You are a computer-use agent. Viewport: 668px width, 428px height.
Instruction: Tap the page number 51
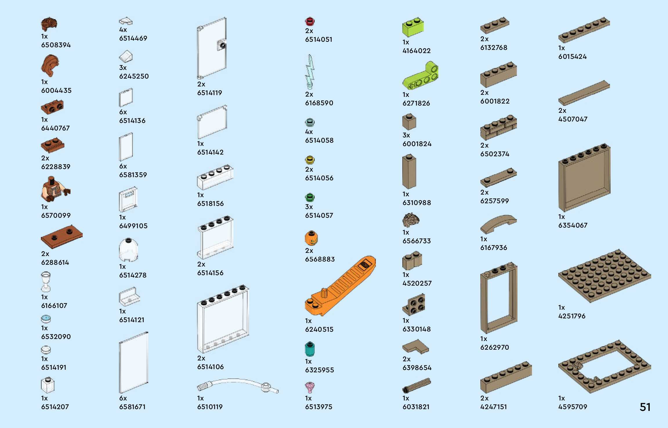tap(645, 407)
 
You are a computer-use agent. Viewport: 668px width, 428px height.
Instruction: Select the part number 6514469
tap(133, 38)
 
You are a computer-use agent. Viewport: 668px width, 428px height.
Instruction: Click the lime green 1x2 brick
tap(413, 27)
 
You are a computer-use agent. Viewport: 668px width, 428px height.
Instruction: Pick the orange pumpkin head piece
tap(311, 238)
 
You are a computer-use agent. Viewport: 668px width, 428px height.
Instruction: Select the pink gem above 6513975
tap(310, 387)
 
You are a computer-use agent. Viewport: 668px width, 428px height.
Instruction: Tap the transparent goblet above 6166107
tap(46, 281)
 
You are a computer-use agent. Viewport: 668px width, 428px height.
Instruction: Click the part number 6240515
tap(319, 329)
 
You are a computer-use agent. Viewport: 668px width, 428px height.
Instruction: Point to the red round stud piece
tap(310, 21)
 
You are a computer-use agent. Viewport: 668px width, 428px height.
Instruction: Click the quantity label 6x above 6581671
tap(123, 398)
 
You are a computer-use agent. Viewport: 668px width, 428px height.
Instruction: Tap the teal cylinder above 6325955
tap(310, 349)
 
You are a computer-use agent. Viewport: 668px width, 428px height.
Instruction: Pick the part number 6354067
tap(573, 225)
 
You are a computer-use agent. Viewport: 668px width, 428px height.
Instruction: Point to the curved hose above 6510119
tap(238, 384)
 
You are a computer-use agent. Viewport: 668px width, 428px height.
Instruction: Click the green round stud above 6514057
tap(310, 197)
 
